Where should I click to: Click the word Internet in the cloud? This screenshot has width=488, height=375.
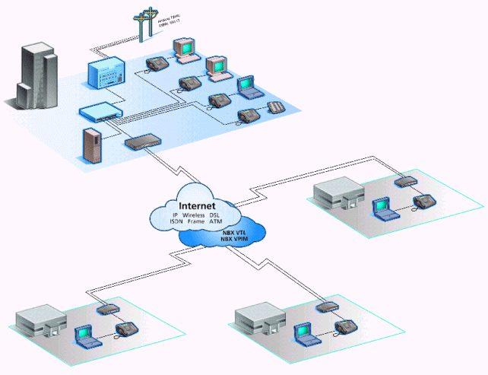197,206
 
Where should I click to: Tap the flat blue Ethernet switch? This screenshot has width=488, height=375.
98,113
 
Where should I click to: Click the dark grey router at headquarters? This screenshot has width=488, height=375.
142,141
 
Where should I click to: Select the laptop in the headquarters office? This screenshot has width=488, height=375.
247,89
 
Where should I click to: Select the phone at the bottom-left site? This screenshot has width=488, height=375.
125,330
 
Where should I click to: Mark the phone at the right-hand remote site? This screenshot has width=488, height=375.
423,203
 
